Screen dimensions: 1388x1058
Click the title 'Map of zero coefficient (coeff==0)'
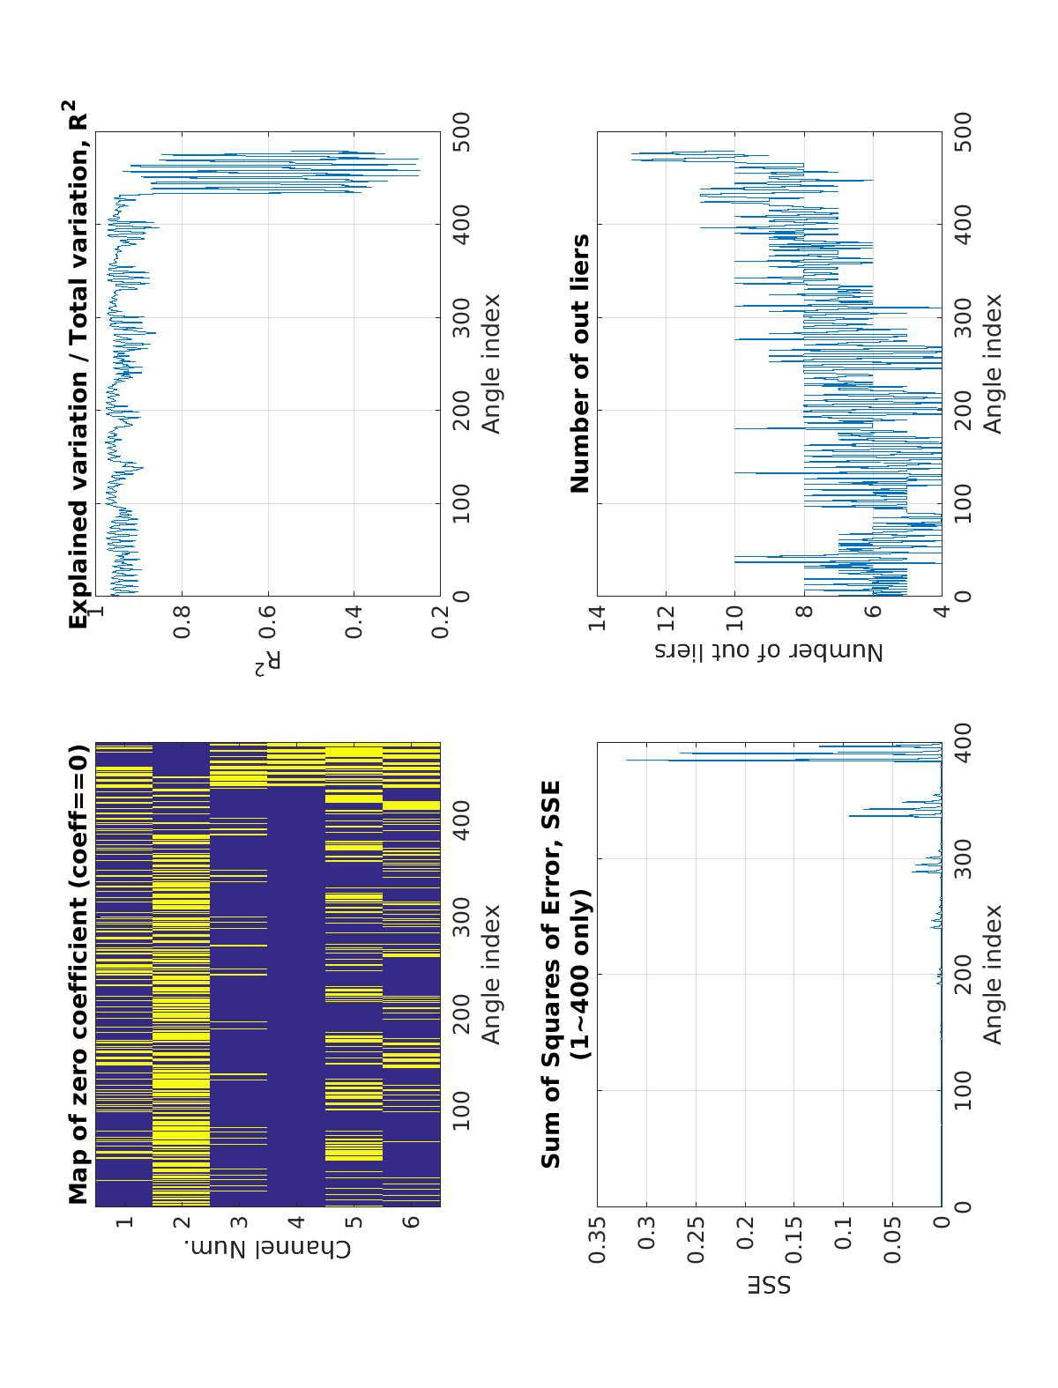79,975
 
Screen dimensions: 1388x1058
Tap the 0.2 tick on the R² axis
440,611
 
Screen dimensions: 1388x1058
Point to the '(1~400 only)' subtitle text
579,975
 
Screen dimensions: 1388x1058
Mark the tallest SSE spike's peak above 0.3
627,760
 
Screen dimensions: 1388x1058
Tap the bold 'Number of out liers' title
579,363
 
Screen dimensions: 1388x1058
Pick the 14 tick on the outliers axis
598,611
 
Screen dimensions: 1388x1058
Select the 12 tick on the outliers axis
667,611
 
